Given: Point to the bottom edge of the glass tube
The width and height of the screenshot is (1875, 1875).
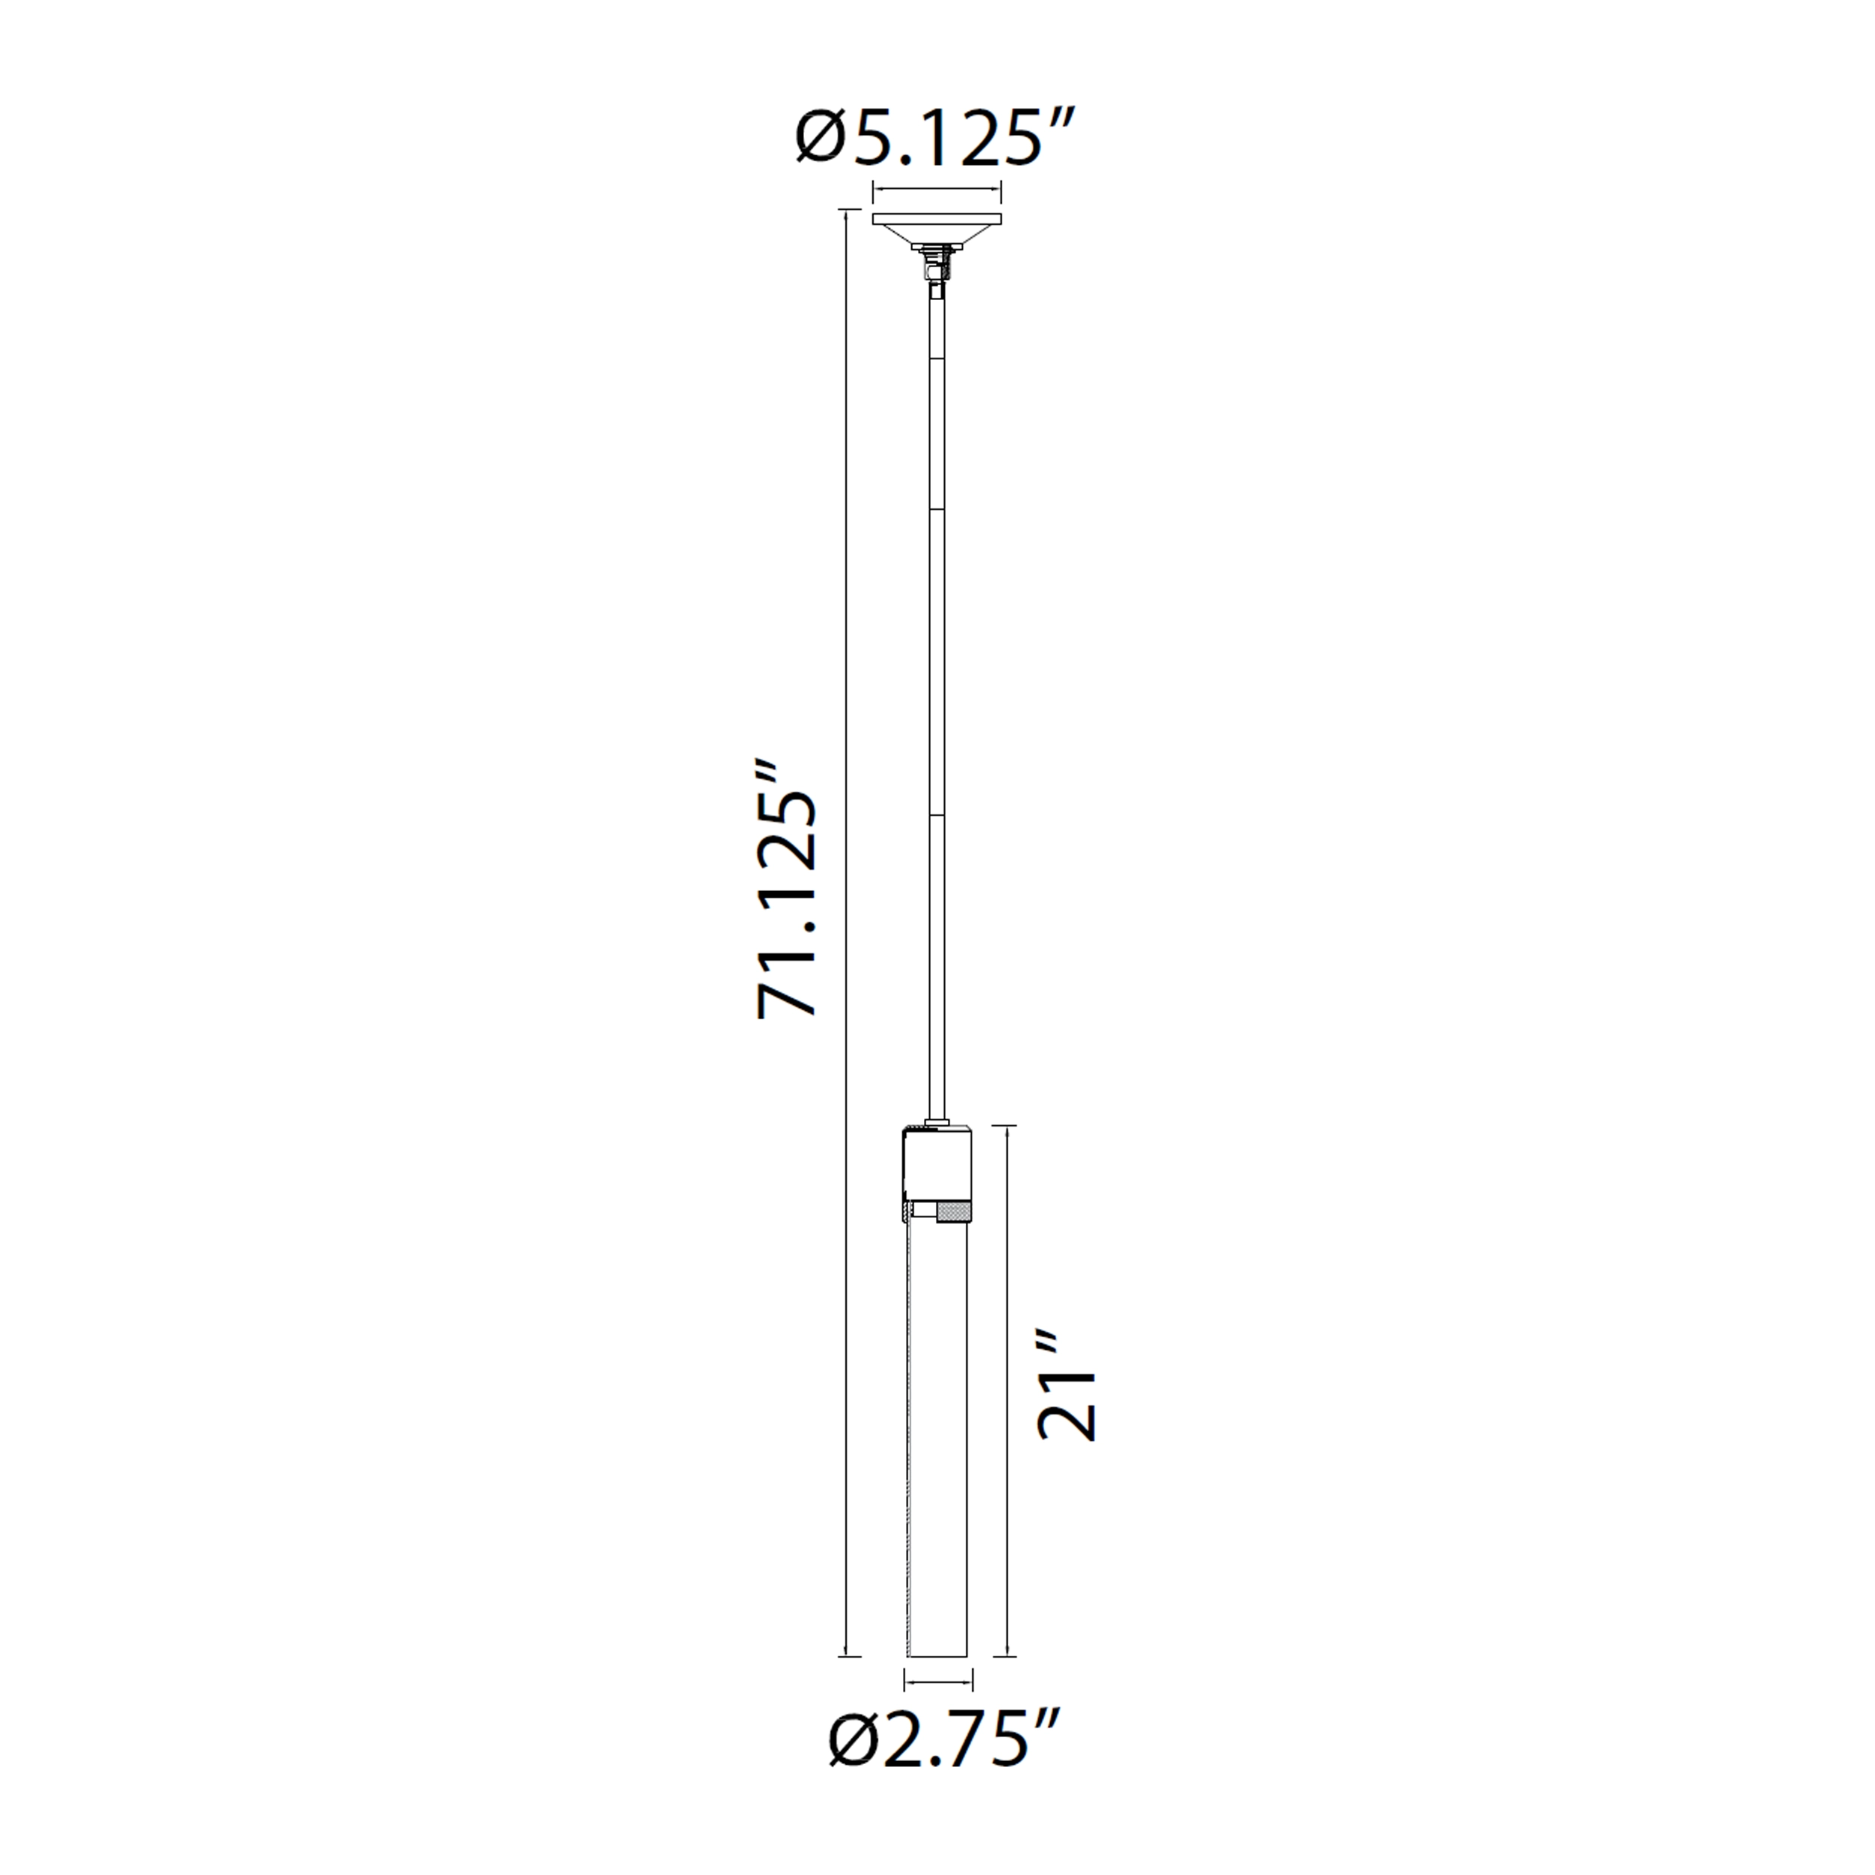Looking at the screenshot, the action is (937, 1654).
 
